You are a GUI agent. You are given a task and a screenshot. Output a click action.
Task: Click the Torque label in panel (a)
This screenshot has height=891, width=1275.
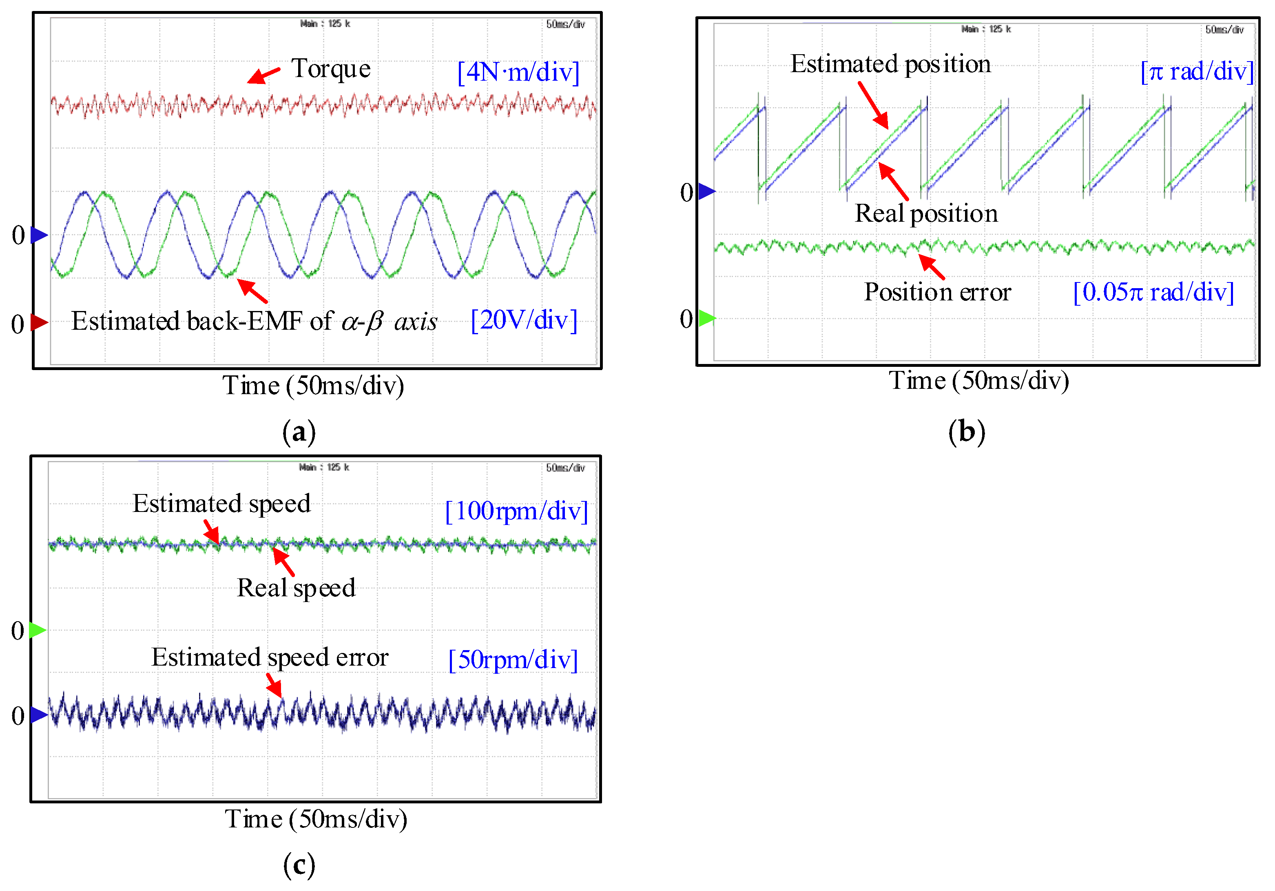pyautogui.click(x=331, y=69)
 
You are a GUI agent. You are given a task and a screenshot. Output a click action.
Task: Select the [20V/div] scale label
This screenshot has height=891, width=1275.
pyautogui.click(x=524, y=320)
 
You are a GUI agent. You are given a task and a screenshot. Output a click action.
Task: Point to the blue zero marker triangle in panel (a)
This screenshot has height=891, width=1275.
pyautogui.click(x=39, y=235)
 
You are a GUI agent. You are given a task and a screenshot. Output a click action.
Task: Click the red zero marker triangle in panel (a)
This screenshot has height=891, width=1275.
pyautogui.click(x=39, y=322)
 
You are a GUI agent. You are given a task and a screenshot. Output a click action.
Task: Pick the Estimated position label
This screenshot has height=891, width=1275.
pyautogui.click(x=890, y=64)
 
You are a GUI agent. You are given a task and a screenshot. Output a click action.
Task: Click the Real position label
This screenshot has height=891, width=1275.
pyautogui.click(x=926, y=214)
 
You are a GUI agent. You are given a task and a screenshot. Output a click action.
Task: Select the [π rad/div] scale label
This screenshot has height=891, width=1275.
pyautogui.click(x=1197, y=72)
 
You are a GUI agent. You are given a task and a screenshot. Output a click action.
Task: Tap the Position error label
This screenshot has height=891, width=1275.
pyautogui.click(x=937, y=292)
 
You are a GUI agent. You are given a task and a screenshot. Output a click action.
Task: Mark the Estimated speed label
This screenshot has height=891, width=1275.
pyautogui.click(x=221, y=504)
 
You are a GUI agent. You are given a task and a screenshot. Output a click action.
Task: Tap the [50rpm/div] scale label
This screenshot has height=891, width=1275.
pyautogui.click(x=513, y=659)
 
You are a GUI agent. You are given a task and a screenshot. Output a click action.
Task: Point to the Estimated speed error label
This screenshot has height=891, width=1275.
pyautogui.click(x=270, y=657)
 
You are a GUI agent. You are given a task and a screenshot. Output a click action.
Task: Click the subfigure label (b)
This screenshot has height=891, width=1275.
pyautogui.click(x=966, y=432)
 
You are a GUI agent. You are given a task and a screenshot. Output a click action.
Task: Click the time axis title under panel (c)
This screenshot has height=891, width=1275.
pyautogui.click(x=315, y=819)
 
